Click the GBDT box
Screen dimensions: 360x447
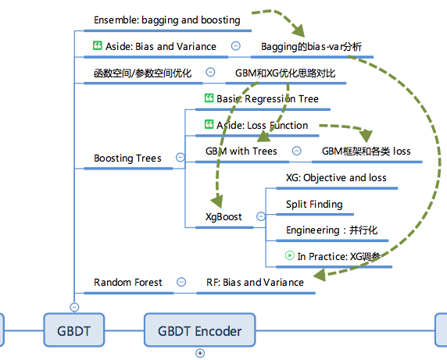pyautogui.click(x=74, y=330)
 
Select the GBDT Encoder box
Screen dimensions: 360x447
pyautogui.click(x=200, y=330)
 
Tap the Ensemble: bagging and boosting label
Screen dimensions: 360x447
pyautogui.click(x=166, y=20)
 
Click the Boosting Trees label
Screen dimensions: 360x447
pyautogui.click(x=127, y=159)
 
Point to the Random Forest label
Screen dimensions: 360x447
pyautogui.click(x=128, y=282)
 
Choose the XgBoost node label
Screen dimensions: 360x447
pyautogui.click(x=223, y=216)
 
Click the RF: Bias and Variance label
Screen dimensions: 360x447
pyautogui.click(x=255, y=282)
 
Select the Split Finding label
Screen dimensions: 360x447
pyautogui.click(x=314, y=205)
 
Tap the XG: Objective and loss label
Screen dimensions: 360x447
pyautogui.click(x=336, y=177)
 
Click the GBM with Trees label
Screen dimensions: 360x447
pyautogui.click(x=241, y=151)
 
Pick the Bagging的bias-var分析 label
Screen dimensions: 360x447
pyautogui.click(x=312, y=46)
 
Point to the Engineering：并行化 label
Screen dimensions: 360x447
pyautogui.click(x=331, y=230)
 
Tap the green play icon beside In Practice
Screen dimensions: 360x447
pyautogui.click(x=290, y=255)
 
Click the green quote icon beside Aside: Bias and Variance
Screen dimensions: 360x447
pyautogui.click(x=98, y=46)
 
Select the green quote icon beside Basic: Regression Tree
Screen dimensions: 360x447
pyautogui.click(x=209, y=98)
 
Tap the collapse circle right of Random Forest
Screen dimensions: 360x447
pyautogui.click(x=181, y=282)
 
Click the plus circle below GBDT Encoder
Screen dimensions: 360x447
pyautogui.click(x=200, y=353)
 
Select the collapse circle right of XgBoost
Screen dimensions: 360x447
pyautogui.click(x=260, y=216)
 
